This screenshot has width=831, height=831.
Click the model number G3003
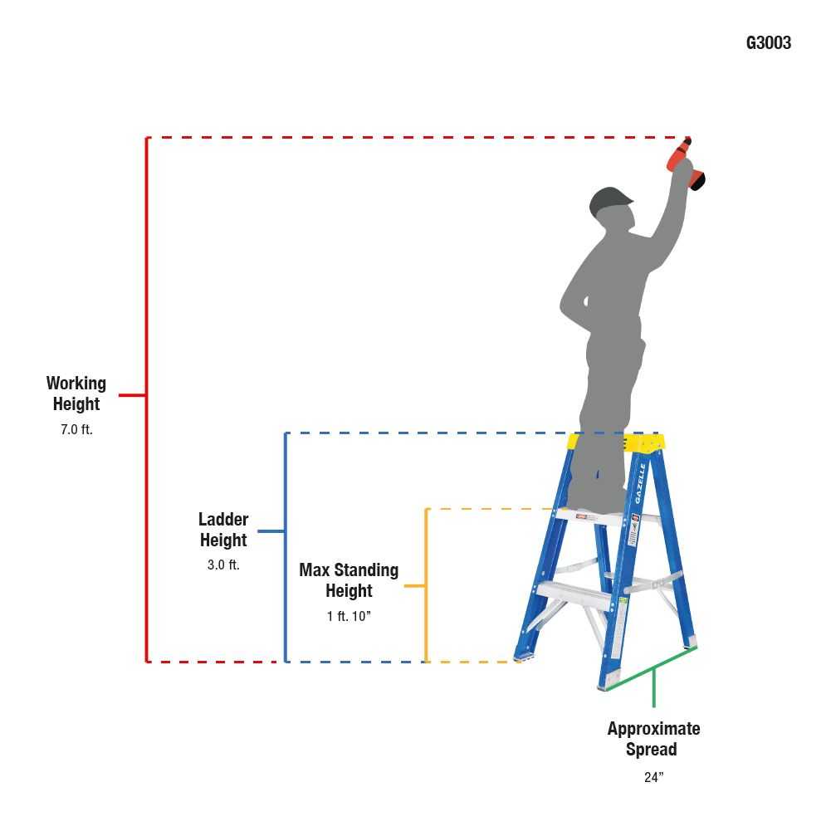coord(768,43)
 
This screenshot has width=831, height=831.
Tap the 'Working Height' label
coord(76,394)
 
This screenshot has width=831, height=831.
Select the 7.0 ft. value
coord(76,429)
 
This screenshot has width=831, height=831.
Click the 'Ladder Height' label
coord(223,530)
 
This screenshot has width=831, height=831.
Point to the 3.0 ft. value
coord(223,565)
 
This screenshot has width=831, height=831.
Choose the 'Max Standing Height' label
coord(349,580)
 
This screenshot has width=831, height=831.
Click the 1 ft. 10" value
coord(349,616)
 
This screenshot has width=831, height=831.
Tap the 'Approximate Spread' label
coord(653,739)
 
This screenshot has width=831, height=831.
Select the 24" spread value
coord(653,777)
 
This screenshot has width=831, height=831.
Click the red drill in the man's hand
coord(685,164)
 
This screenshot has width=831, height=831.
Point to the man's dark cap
coord(609,200)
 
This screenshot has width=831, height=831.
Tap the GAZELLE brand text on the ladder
coord(640,483)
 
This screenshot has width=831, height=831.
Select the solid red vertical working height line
coord(147,399)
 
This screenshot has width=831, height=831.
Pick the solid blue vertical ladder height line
coord(286,547)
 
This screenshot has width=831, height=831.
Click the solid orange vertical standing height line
coord(426,585)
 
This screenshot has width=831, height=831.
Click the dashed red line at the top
coord(418,137)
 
